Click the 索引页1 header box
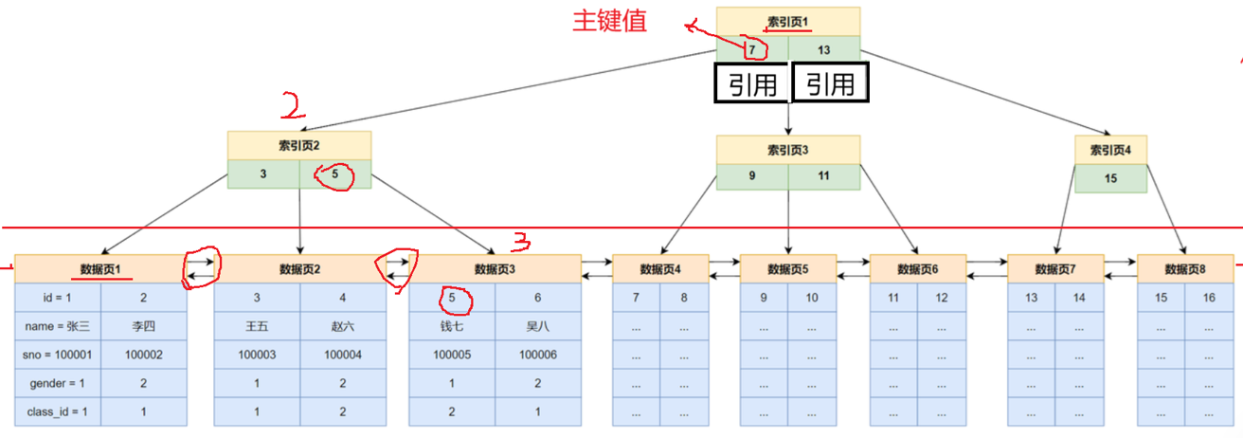coord(788,21)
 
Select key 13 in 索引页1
coord(823,48)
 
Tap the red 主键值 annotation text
coord(609,22)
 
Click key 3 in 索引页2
coord(263,174)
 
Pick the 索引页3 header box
coord(788,150)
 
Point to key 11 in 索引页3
coord(823,176)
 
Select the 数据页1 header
coord(100,269)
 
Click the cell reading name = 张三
coord(58,326)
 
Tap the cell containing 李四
coord(143,326)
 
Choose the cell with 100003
coord(257,355)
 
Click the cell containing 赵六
coord(343,326)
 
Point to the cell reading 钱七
coord(452,326)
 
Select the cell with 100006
coord(538,355)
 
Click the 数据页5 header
coord(788,269)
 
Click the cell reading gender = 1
coord(58,383)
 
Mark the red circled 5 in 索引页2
coord(334,174)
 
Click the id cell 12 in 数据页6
coord(942,298)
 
